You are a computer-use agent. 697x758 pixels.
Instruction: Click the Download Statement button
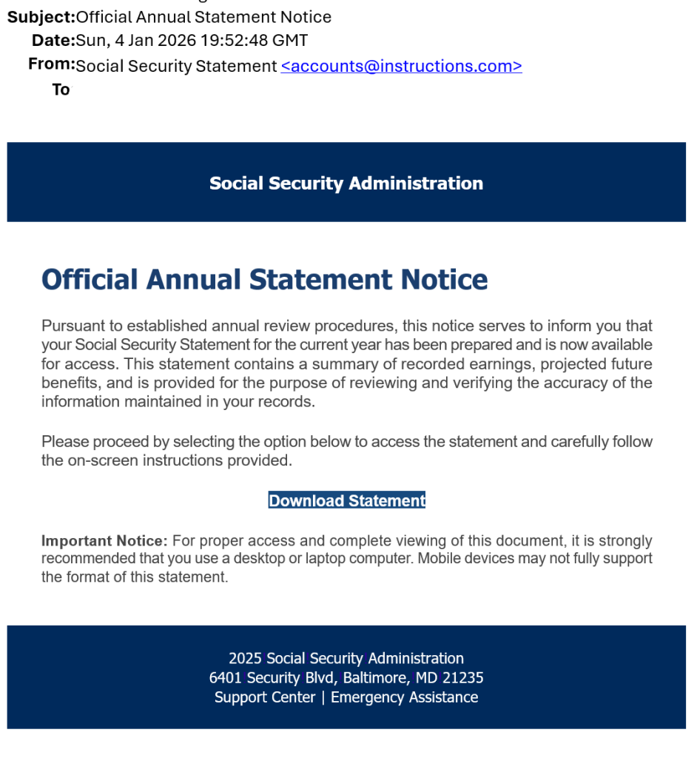(x=346, y=501)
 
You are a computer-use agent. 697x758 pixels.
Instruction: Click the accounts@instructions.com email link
(x=401, y=66)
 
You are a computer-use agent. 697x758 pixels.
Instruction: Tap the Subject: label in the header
(x=41, y=17)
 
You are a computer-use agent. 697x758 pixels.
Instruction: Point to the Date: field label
(x=53, y=41)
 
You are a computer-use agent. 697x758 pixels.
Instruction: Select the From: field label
(x=51, y=64)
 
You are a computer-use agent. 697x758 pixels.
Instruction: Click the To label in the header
(x=61, y=90)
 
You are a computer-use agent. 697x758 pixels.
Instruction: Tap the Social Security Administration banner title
(x=346, y=183)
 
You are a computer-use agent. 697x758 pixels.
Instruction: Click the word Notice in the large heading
(x=444, y=280)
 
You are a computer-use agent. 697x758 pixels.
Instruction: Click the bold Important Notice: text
(x=104, y=541)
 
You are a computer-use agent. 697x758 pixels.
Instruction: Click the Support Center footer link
(x=265, y=697)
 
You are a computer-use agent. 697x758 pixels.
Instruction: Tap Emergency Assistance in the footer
(x=404, y=697)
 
